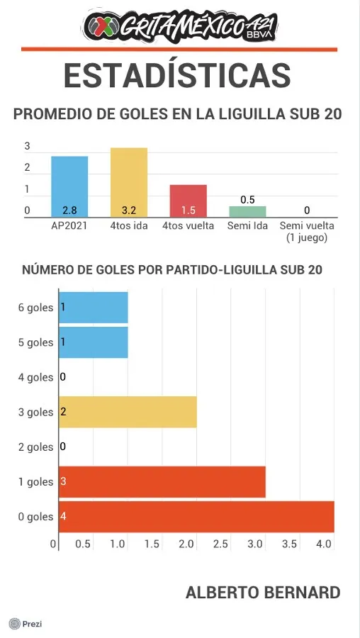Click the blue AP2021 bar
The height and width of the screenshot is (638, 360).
click(x=69, y=186)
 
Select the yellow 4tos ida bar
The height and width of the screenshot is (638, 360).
click(x=129, y=182)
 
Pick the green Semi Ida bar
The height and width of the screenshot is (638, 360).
click(x=247, y=211)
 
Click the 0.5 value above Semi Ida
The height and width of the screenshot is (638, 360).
click(x=247, y=199)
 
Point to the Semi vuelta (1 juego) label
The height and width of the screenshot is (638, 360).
click(x=307, y=232)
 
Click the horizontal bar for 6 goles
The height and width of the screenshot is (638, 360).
click(x=93, y=308)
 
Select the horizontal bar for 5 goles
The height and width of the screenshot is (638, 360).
click(x=93, y=342)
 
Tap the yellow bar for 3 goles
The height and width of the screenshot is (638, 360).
click(x=128, y=412)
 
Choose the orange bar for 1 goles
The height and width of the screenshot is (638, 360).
click(x=162, y=482)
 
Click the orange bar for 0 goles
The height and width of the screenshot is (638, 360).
click(x=196, y=517)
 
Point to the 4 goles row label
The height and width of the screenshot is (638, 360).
click(x=35, y=377)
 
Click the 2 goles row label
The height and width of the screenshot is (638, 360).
click(x=35, y=447)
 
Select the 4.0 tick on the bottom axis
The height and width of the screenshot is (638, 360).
click(x=324, y=544)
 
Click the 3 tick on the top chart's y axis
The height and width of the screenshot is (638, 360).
click(x=27, y=147)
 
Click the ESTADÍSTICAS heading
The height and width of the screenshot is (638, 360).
click(x=178, y=75)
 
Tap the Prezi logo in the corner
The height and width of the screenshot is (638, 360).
click(x=26, y=624)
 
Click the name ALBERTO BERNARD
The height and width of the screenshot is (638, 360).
click(x=263, y=593)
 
